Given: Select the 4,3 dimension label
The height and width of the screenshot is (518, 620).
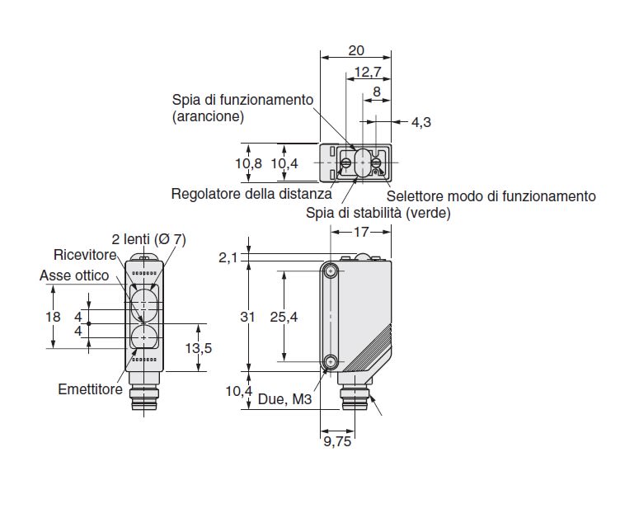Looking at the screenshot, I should coord(421,122).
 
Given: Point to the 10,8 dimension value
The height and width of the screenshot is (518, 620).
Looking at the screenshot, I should coord(249,163).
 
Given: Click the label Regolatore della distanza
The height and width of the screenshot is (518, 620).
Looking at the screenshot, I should coord(251,195).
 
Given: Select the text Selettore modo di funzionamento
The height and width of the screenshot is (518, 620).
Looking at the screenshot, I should coord(491,195).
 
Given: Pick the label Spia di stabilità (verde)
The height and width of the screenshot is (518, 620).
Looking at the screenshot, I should coord(378,213).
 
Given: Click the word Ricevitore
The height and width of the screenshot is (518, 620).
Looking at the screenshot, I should coord(85,254).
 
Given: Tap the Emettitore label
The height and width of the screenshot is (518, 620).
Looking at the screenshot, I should coord(91,388).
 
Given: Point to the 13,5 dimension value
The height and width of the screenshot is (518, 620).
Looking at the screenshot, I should coord(198,348).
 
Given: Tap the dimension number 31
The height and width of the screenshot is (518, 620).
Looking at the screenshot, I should coord(252,317).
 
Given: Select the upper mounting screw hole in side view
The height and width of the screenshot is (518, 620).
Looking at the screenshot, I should coord(331,271).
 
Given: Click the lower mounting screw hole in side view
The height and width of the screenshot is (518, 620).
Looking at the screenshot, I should coord(331,361).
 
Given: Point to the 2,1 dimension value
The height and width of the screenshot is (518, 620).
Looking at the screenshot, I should coord(228,259).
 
